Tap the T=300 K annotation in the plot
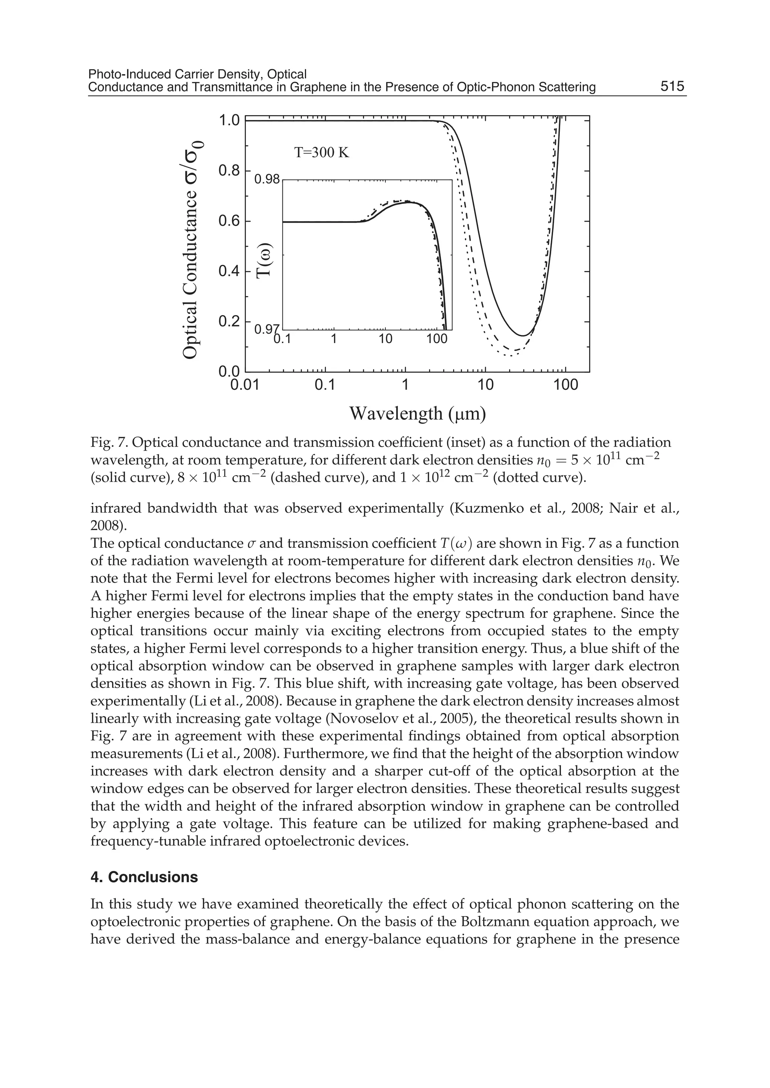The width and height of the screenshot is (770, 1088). point(321,153)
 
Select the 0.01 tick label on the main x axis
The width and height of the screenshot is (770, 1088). point(245,385)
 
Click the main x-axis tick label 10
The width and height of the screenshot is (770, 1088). point(485,385)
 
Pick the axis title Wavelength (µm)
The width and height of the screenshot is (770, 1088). point(417,413)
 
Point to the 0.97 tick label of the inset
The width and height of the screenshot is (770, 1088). point(265,329)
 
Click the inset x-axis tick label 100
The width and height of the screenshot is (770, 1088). point(437,339)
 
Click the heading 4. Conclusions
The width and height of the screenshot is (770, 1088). point(144,877)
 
